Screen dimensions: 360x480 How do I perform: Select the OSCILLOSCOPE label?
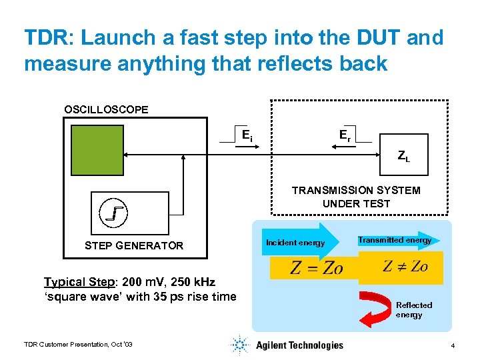[x=106, y=109]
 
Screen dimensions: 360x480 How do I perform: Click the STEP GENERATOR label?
[x=134, y=246]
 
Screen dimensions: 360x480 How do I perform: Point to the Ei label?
[x=247, y=136]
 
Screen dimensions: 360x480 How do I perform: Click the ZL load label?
[x=403, y=157]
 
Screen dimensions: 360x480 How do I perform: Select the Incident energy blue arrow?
[x=300, y=242]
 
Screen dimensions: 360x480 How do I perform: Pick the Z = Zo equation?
[x=316, y=268]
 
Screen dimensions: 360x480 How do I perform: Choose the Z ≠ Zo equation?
[x=405, y=267]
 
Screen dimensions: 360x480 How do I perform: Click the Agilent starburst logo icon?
[x=239, y=345]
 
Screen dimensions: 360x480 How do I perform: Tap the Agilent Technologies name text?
[x=299, y=345]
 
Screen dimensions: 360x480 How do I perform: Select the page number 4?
[x=453, y=346]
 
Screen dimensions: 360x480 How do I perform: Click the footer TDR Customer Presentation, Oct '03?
[x=79, y=344]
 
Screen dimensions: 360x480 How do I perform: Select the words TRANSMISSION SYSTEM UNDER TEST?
[x=356, y=197]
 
